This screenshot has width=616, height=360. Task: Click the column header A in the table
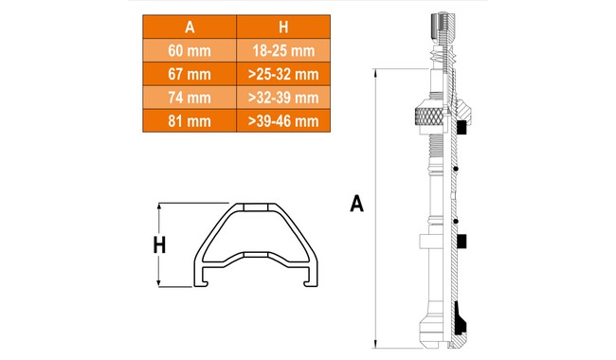click(x=190, y=27)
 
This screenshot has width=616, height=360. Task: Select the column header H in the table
click(x=283, y=27)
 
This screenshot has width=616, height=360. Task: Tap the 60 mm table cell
click(x=190, y=50)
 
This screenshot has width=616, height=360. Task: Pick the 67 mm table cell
click(x=190, y=74)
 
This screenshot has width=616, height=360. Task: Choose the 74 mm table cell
click(x=190, y=98)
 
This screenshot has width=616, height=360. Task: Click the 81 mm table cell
click(x=190, y=121)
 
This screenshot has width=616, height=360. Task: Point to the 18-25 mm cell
click(x=283, y=50)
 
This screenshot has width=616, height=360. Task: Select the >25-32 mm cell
click(x=283, y=74)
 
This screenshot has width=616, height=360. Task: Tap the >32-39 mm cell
click(x=283, y=98)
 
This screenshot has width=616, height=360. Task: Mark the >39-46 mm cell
click(x=283, y=121)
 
